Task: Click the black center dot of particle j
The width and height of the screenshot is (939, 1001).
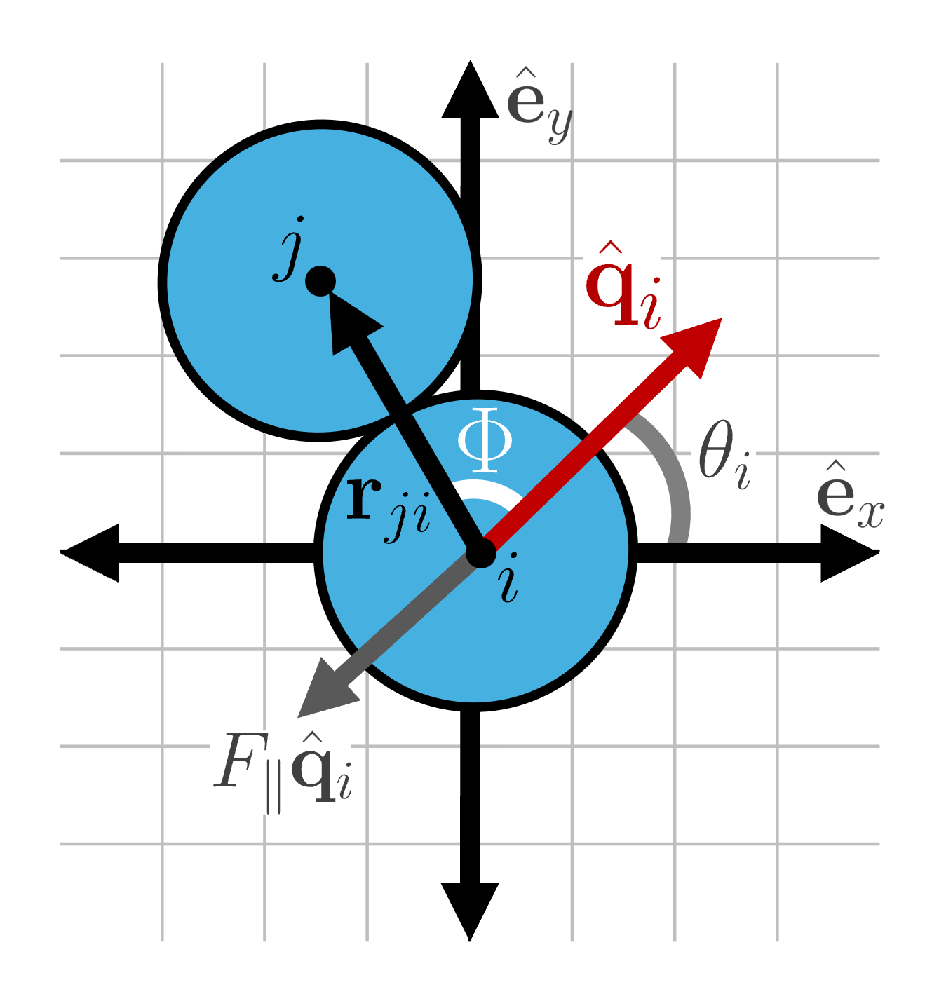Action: pos(320,281)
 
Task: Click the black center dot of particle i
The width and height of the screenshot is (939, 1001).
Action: pos(481,553)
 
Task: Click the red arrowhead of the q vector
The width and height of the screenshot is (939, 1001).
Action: pos(696,343)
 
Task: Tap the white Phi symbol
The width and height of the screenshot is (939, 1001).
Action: pos(485,440)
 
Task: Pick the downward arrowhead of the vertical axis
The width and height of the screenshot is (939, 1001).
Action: pos(470,907)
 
